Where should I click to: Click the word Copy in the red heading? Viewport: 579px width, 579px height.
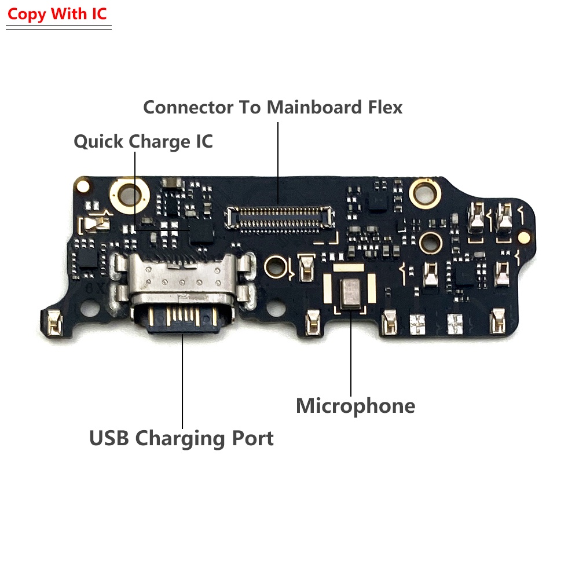27,14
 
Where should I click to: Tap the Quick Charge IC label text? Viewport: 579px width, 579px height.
143,141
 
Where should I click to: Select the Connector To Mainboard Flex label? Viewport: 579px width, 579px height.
273,107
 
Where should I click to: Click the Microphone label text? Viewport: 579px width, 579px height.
356,406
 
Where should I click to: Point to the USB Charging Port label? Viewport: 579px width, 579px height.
181,438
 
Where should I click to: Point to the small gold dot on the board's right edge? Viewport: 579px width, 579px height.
523,236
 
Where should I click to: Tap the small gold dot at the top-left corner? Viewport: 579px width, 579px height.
83,186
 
